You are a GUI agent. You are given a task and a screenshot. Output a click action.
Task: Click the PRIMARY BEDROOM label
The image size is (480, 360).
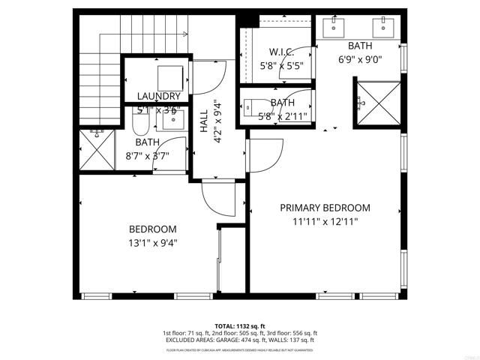[x=325, y=208]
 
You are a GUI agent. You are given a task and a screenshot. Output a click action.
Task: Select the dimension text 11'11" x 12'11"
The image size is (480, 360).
[x=325, y=221]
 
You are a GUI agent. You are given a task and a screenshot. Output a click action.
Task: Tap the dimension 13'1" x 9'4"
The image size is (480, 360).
[x=152, y=242]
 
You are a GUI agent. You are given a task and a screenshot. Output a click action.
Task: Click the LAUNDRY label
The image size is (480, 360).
[x=158, y=96]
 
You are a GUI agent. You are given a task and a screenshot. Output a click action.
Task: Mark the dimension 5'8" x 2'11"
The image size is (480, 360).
[x=282, y=116]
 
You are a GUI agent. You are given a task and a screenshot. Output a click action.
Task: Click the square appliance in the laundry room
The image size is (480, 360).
[x=171, y=76]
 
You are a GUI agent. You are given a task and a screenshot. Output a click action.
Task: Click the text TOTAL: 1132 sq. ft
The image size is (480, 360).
[x=239, y=325]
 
